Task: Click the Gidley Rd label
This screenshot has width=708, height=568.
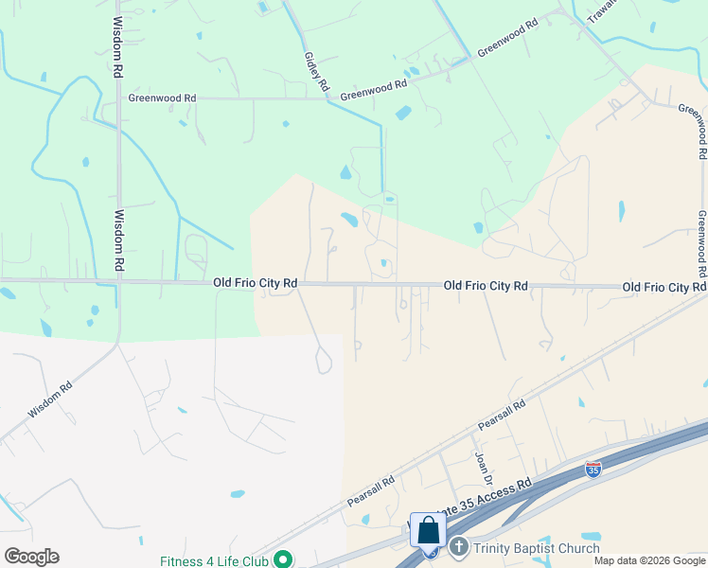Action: [x=316, y=71]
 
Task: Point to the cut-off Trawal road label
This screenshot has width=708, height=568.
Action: [x=601, y=12]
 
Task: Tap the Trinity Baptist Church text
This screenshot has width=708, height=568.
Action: [x=537, y=548]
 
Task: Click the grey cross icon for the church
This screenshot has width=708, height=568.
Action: [x=458, y=547]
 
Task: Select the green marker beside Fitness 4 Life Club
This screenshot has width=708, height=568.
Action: [x=283, y=559]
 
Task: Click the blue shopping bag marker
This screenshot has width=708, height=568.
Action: [x=428, y=530]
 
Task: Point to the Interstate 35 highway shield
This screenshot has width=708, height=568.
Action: [x=593, y=470]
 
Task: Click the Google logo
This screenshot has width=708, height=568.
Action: [x=31, y=557]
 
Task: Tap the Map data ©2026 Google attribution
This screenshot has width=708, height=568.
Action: [x=649, y=560]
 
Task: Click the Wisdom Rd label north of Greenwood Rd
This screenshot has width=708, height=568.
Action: [x=118, y=46]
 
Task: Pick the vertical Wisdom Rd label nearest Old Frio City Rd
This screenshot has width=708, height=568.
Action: [x=119, y=241]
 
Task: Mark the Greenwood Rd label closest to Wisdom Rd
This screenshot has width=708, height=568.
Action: [x=162, y=98]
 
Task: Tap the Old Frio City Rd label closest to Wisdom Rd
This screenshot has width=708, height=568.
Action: [x=256, y=283]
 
